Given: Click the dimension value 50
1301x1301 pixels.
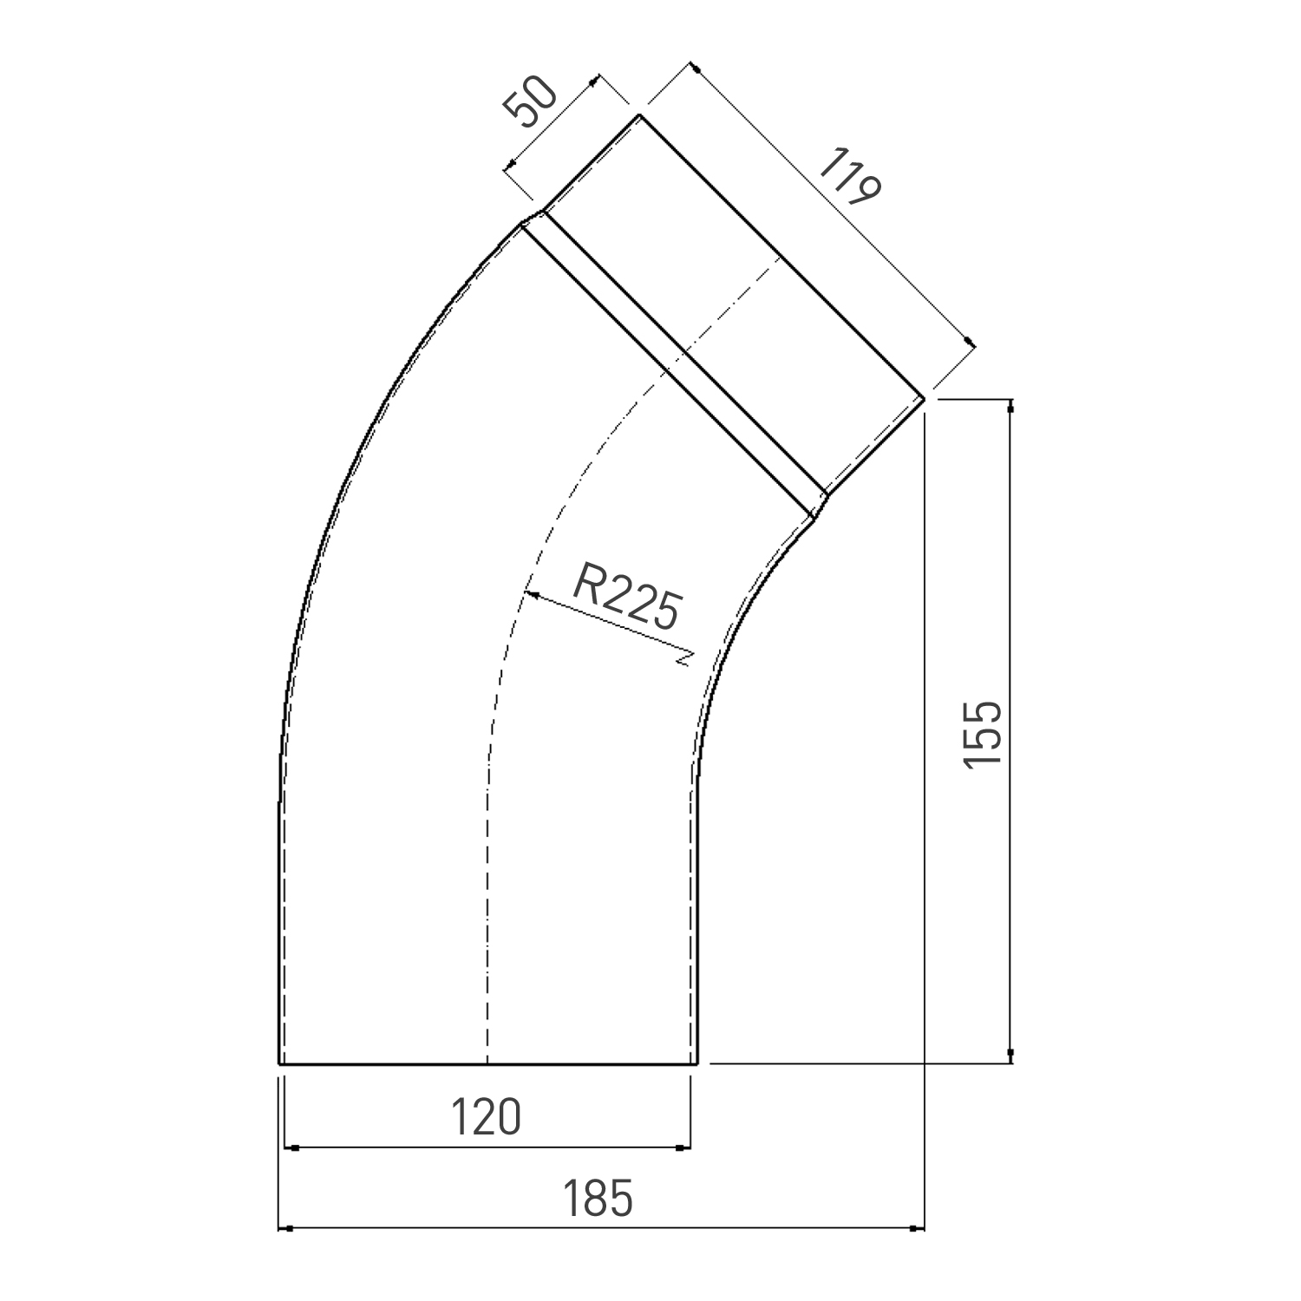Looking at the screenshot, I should pyautogui.click(x=530, y=103).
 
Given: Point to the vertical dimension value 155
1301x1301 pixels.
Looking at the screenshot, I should pyautogui.click(x=984, y=733).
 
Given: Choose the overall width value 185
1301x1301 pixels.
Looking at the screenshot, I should pyautogui.click(x=598, y=1199).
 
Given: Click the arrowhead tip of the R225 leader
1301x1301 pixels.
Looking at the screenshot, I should pyautogui.click(x=527, y=594).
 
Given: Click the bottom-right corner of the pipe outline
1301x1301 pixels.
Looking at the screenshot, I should pyautogui.click(x=696, y=1062).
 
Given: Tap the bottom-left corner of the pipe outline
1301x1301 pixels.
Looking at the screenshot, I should pyautogui.click(x=279, y=1062).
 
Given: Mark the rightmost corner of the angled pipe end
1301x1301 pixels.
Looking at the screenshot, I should pyautogui.click(x=925, y=398).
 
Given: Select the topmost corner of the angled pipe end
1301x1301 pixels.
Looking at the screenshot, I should pyautogui.click(x=639, y=114).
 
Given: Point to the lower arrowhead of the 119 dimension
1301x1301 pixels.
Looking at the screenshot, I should pyautogui.click(x=971, y=343).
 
